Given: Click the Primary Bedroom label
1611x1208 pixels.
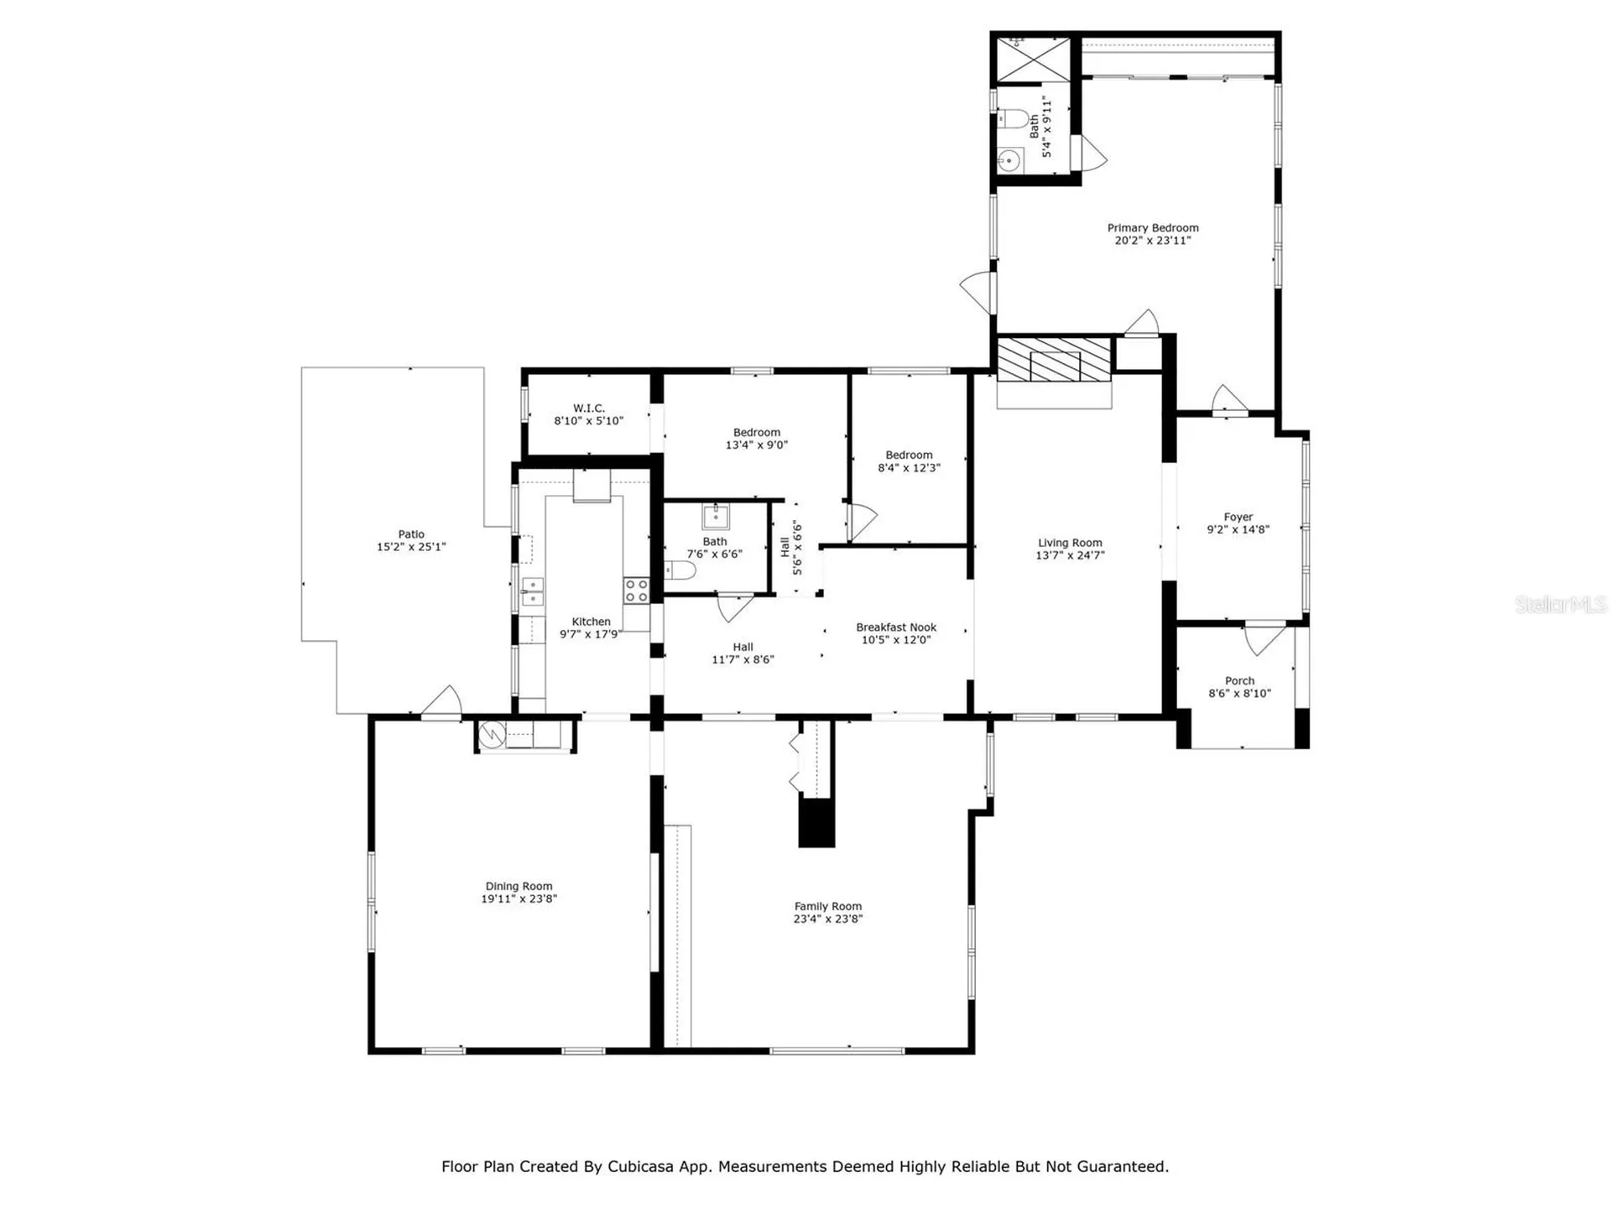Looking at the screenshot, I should click(x=1152, y=227).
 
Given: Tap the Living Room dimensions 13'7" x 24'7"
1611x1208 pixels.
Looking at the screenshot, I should click(x=1069, y=555).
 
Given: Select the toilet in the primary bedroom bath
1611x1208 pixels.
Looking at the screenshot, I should click(x=1014, y=119).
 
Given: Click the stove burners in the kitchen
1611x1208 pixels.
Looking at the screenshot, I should click(x=635, y=591).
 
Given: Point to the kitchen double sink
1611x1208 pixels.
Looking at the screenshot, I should click(x=532, y=591).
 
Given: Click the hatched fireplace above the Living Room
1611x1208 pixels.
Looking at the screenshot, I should click(x=1054, y=359).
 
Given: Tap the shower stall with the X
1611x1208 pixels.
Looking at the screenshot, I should click(x=1034, y=58).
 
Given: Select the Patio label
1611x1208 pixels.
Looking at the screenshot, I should click(x=411, y=534).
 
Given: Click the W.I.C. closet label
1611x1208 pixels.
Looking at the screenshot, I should click(x=588, y=408).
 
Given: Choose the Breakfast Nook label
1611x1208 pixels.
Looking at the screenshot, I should click(x=895, y=627).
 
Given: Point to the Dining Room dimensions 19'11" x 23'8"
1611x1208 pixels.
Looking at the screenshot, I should click(x=519, y=898).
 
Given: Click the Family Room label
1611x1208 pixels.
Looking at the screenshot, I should click(x=827, y=906).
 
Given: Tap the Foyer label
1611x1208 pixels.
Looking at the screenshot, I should click(x=1238, y=517).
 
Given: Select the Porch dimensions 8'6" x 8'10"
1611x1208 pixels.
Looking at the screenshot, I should click(x=1239, y=694).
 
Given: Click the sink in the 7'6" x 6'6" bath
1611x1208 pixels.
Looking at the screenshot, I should click(x=715, y=516).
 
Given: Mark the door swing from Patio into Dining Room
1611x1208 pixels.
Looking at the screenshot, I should click(x=443, y=703).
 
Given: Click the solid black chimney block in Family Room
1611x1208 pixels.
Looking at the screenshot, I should click(x=816, y=823).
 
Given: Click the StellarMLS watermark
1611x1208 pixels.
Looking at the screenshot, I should click(x=1560, y=604).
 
